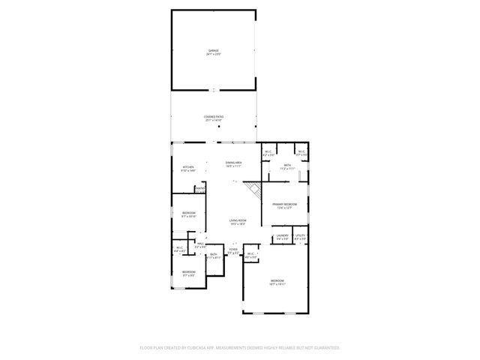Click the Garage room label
coord(214,52)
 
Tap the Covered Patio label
coord(214,118)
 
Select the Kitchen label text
coord(188,169)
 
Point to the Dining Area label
coord(234,164)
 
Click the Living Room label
coord(238,222)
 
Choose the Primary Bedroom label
coord(284,205)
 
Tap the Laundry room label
coord(282,237)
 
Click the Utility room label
coord(300,237)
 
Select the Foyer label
coord(233,251)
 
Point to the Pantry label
coord(200,189)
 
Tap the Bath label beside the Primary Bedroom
coord(287,167)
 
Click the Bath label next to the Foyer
coord(214,256)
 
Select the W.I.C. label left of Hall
coord(180,249)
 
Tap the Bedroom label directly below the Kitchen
coord(188,214)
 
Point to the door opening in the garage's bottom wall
coord(214,90)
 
